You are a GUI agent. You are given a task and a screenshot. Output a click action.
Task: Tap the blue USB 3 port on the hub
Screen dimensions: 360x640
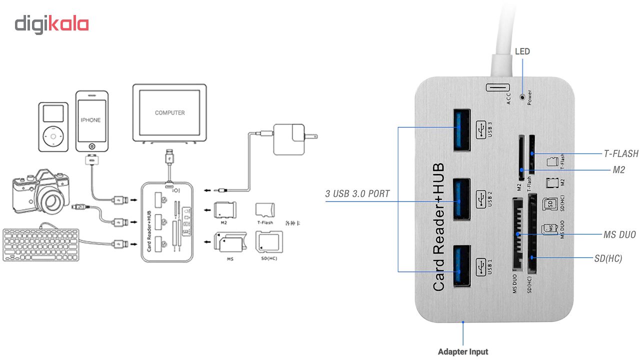coord(462,130)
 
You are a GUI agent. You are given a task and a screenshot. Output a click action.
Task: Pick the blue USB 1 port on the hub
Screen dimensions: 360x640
coord(462,267)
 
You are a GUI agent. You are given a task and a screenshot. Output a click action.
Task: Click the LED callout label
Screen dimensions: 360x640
coord(522,51)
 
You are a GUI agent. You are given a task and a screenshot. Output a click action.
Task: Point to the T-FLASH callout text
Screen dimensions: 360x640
coord(621,153)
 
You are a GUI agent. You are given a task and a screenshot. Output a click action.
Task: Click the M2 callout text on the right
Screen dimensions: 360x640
coord(619,170)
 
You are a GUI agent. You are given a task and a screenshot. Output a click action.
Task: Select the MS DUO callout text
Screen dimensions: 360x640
coord(620,234)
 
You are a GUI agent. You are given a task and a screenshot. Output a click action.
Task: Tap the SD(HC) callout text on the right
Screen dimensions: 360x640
coord(608,258)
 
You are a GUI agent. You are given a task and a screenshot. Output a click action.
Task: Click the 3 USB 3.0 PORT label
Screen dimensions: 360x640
coord(357,194)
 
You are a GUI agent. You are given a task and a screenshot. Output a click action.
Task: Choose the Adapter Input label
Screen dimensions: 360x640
coord(463,351)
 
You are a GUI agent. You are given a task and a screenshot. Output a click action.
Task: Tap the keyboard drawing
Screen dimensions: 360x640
coord(41,244)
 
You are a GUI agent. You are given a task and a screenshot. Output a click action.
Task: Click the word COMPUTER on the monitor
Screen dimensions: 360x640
coord(170,113)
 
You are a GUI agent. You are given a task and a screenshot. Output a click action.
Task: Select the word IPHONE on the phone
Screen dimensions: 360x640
coord(91,120)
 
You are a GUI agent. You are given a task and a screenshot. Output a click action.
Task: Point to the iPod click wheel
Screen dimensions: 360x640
coord(53,136)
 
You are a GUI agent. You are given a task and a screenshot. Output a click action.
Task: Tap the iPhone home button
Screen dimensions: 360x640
coord(91,146)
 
